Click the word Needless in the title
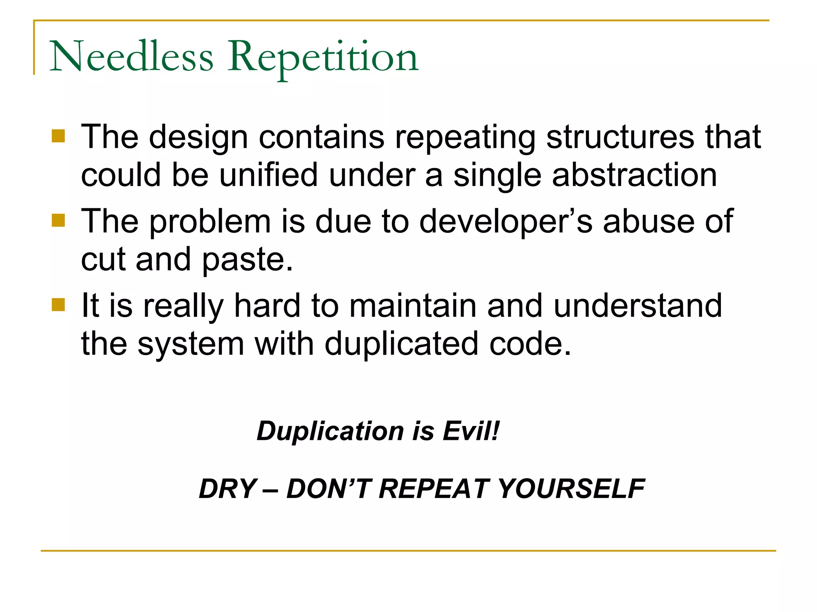pyautogui.click(x=131, y=57)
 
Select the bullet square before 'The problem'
pyautogui.click(x=58, y=220)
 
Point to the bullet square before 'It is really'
pyautogui.click(x=58, y=305)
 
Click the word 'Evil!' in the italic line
pyautogui.click(x=471, y=431)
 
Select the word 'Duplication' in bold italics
pyautogui.click(x=330, y=431)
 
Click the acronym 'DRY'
pyautogui.click(x=227, y=489)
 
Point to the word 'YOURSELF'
pyautogui.click(x=571, y=489)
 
